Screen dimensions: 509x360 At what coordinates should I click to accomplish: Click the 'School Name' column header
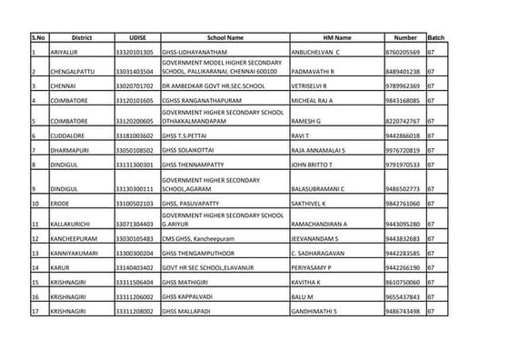[223, 38]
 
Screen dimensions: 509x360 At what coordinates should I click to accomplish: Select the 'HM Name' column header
[336, 38]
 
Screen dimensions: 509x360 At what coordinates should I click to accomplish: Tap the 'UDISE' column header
[134, 38]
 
